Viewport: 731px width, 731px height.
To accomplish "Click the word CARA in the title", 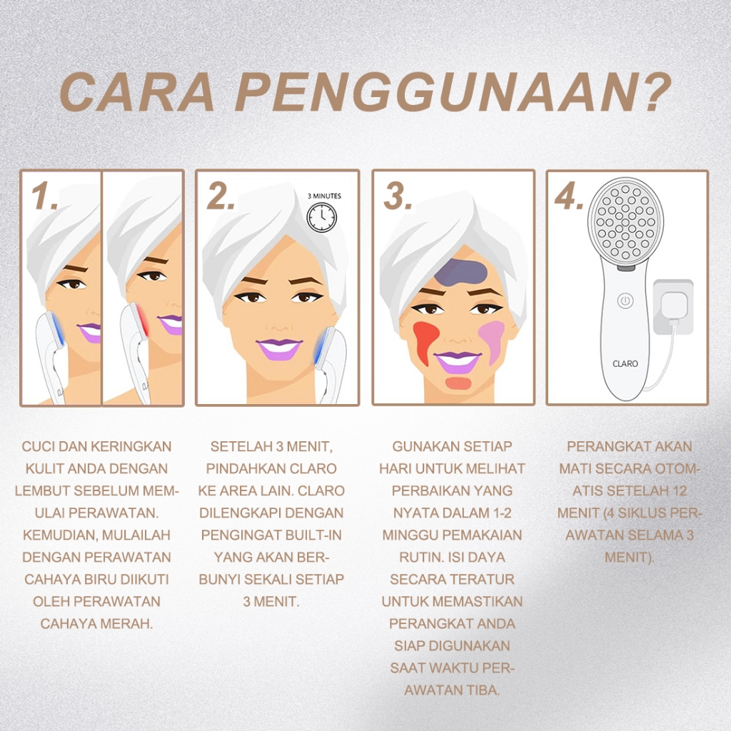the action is [137, 92].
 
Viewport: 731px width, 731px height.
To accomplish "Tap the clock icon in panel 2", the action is [321, 217].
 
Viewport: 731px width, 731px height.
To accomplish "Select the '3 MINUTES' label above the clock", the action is [324, 196].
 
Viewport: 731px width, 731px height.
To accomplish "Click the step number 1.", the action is [44, 196].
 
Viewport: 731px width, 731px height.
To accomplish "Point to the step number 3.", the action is [397, 196].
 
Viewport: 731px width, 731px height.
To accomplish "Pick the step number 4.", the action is [569, 196].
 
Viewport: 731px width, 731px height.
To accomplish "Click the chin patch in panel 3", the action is [458, 383].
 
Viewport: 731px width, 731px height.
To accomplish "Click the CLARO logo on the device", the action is [625, 363].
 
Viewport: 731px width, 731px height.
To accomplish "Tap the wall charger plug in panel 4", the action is [672, 307].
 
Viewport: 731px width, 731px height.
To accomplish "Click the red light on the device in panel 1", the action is [143, 320].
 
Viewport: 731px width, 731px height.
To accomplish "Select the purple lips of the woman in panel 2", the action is [278, 348].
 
